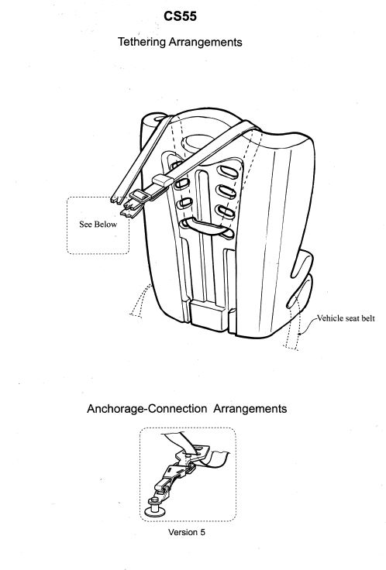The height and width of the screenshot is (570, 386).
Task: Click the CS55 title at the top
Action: point(180,16)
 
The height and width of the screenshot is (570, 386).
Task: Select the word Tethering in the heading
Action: point(142,42)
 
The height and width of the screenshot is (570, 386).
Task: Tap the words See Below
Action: point(98,225)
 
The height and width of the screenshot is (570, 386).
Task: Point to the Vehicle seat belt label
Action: point(346,318)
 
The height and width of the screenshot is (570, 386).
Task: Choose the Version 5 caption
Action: point(187,532)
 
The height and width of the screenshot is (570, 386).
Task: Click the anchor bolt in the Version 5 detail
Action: point(155,508)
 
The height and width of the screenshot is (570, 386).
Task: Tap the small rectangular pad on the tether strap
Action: point(163,180)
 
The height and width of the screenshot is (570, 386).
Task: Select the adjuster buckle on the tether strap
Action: point(140,197)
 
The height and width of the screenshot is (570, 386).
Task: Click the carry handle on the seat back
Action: point(208,228)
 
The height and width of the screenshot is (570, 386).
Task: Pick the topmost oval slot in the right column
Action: point(227,171)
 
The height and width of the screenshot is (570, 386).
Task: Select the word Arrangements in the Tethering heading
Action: point(205,42)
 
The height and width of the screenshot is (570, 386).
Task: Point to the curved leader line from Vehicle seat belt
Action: point(307,325)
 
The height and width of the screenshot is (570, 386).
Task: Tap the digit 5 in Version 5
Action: point(202,532)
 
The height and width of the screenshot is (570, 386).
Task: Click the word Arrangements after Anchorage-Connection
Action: point(250,409)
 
